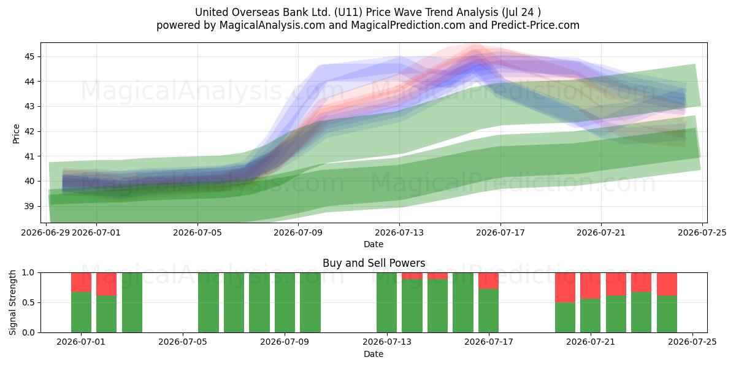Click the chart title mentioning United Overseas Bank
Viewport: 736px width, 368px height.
(x=367, y=12)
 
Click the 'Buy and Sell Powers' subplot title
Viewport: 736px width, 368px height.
(x=374, y=263)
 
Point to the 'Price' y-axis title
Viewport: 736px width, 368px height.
(x=16, y=134)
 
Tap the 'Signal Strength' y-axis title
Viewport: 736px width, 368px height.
(x=12, y=302)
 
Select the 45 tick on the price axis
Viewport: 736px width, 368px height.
(x=29, y=57)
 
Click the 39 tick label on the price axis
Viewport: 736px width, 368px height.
(x=29, y=206)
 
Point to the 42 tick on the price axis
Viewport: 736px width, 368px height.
(x=29, y=131)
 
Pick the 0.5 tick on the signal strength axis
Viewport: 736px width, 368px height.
(x=28, y=302)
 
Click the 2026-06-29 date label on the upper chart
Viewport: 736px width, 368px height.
(x=45, y=232)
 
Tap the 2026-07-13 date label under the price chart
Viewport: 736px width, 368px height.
(x=399, y=232)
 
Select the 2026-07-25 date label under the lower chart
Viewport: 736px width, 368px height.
(x=692, y=342)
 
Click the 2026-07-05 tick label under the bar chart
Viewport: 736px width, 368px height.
(x=183, y=342)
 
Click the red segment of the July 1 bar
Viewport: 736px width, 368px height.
(x=81, y=282)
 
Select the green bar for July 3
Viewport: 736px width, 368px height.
(x=132, y=302)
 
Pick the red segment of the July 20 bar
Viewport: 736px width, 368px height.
(x=565, y=288)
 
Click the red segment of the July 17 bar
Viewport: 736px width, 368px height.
(x=489, y=281)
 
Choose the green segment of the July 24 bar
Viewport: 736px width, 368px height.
(x=667, y=314)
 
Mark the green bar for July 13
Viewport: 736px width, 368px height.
(x=387, y=302)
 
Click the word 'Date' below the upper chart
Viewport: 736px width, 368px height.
(x=374, y=244)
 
